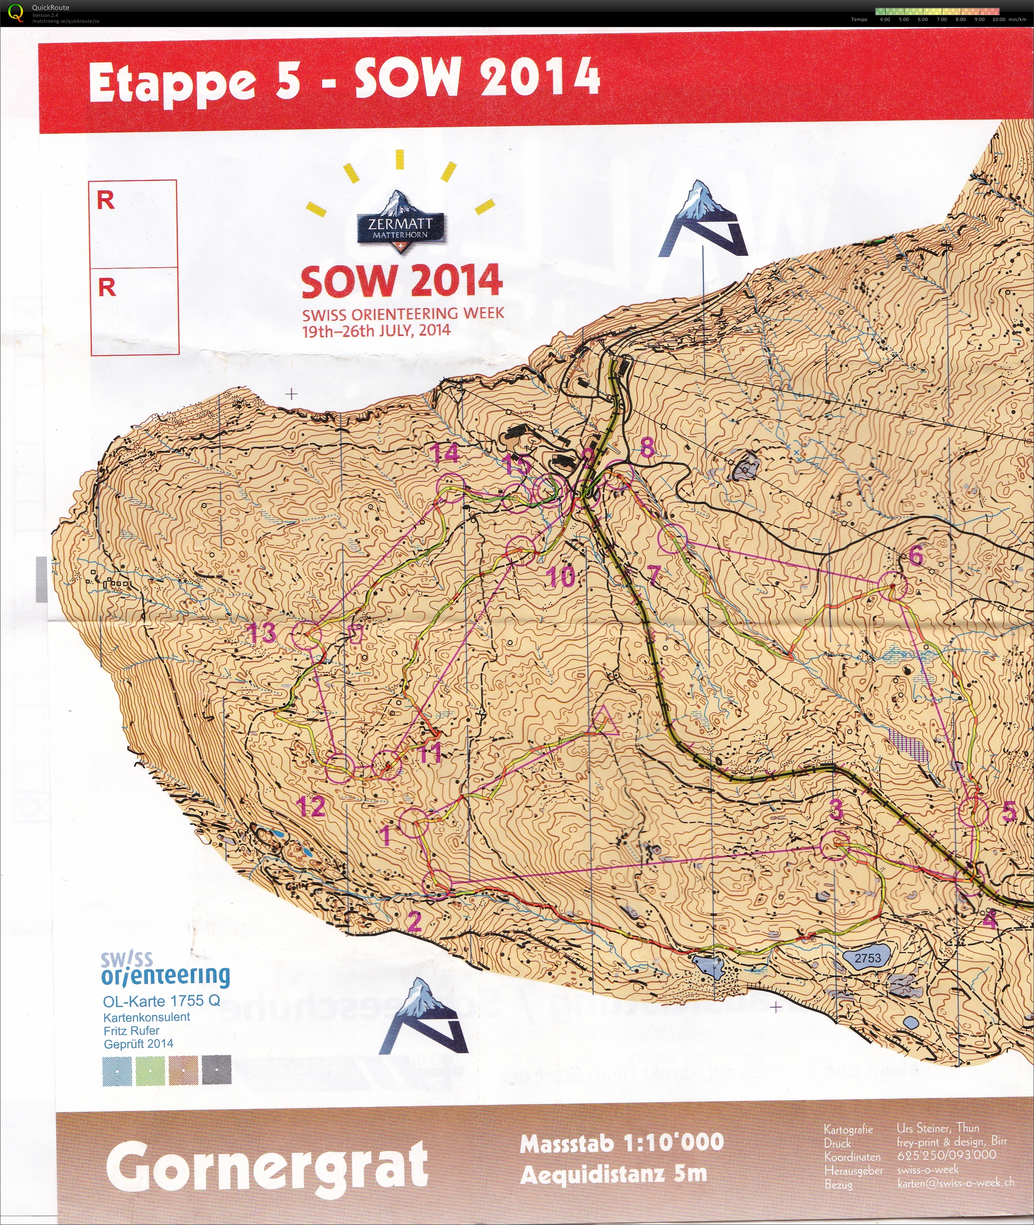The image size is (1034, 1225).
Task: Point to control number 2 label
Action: click(415, 922)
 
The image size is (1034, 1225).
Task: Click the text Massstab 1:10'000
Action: click(621, 1143)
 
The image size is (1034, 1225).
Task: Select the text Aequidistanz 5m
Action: click(614, 1174)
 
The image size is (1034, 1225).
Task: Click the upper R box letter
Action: click(106, 200)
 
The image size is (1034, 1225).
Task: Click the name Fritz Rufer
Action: click(131, 1030)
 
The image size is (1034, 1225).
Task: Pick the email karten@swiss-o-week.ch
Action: click(955, 1183)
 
